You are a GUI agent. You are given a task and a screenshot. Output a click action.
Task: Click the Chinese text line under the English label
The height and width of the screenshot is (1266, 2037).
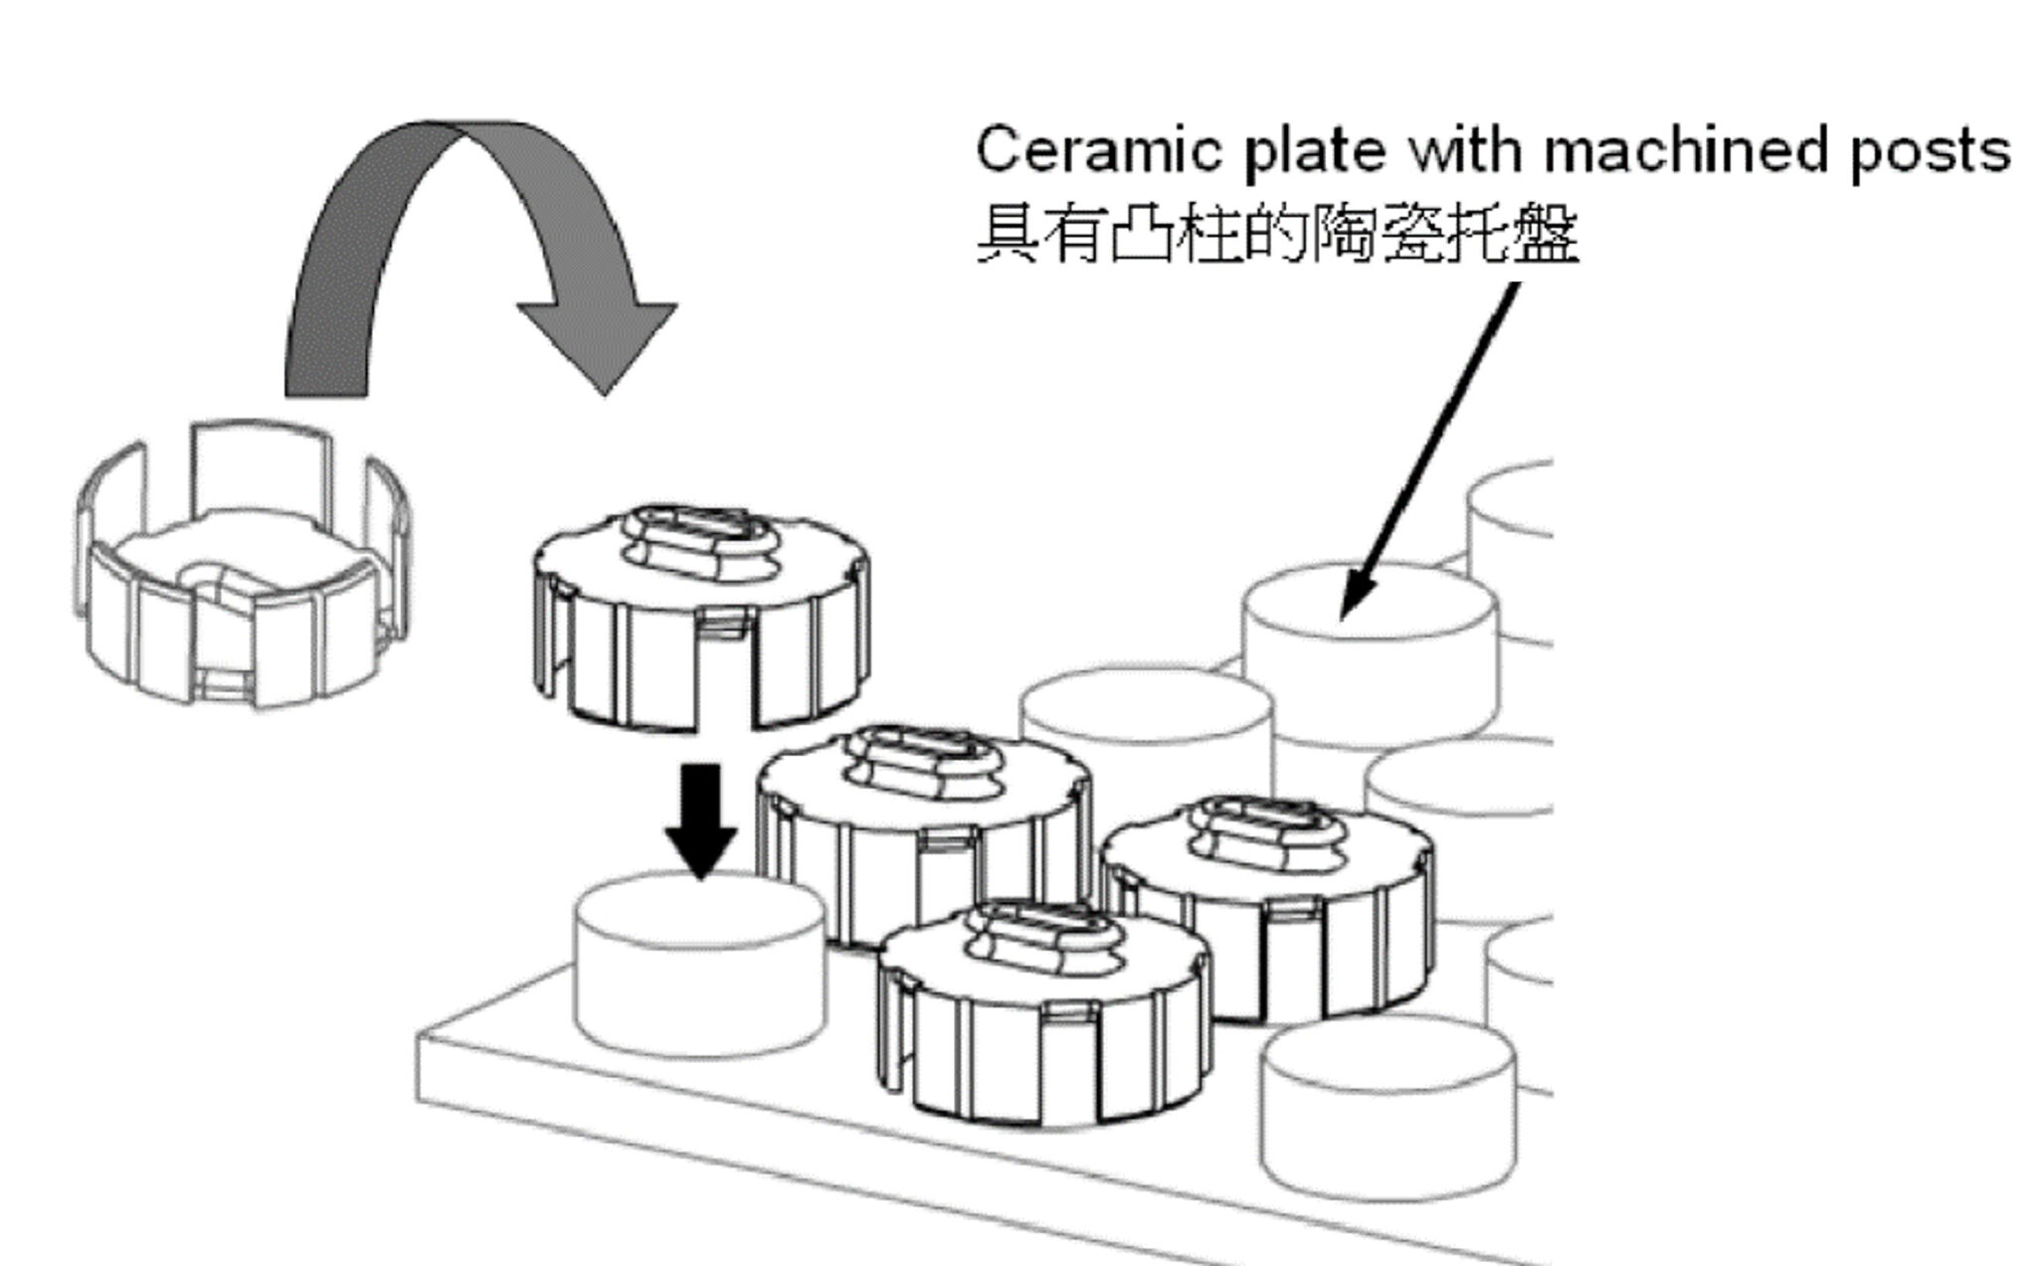[x=1277, y=235]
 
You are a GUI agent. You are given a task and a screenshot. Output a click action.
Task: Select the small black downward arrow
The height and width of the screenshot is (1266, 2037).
[x=701, y=820]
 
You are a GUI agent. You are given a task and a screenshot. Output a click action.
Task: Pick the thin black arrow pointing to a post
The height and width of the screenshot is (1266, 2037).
[x=1432, y=448]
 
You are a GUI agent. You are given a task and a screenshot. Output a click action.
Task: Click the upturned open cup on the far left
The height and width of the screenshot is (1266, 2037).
[x=244, y=567]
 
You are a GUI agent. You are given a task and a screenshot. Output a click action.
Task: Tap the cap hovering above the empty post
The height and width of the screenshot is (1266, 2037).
[x=701, y=617]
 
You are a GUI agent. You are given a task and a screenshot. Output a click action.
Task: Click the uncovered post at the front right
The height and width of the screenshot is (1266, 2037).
[x=1388, y=1104]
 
